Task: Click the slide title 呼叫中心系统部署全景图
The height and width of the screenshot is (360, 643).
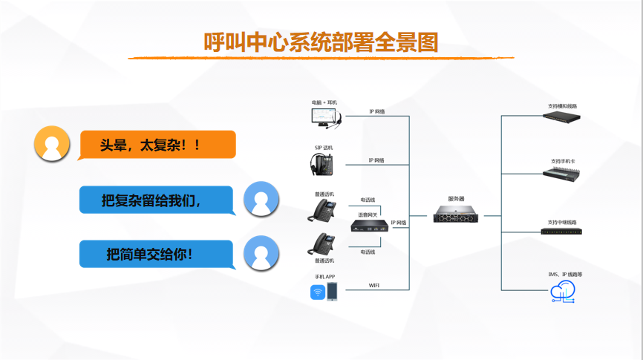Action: (321, 42)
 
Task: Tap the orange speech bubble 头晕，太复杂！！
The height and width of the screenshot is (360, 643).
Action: (156, 145)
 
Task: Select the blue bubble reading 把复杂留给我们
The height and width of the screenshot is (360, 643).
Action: (156, 200)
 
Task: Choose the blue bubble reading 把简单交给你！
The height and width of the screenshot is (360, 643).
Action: (156, 254)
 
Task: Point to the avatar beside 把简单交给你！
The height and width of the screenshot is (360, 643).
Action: (261, 253)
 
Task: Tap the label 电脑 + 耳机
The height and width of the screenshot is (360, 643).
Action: (324, 102)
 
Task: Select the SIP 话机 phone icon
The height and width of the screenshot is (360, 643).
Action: (324, 164)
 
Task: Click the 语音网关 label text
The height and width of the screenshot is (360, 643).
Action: (368, 215)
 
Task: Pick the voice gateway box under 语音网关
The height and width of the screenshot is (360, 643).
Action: (368, 225)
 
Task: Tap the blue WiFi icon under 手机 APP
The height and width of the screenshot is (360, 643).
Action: (317, 292)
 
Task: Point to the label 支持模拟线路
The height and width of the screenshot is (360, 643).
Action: (563, 106)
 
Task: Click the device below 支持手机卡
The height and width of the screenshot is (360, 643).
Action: (562, 174)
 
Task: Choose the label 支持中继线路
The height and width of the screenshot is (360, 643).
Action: (562, 222)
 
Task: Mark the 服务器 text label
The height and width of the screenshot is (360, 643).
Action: (456, 199)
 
